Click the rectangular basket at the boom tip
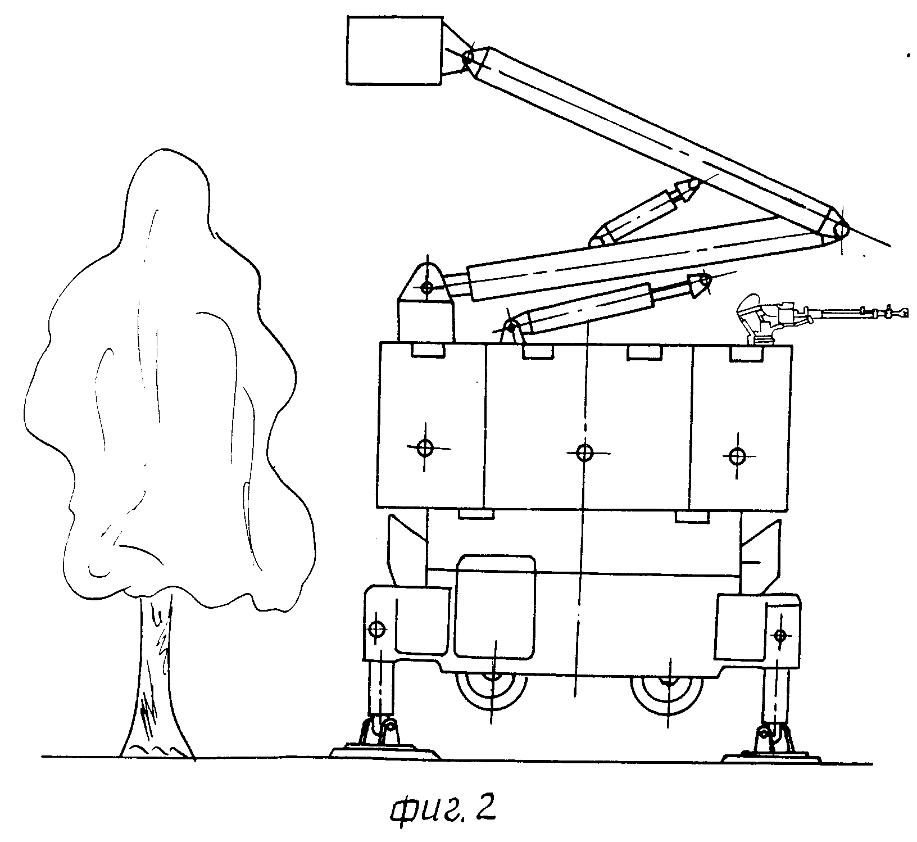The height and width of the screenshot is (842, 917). pyautogui.click(x=393, y=51)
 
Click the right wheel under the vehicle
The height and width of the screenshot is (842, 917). pyautogui.click(x=668, y=696)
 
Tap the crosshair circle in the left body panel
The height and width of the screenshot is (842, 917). pyautogui.click(x=425, y=448)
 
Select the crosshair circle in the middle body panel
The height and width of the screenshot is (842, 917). pyautogui.click(x=584, y=451)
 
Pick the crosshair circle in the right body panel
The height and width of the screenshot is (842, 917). pyautogui.click(x=736, y=455)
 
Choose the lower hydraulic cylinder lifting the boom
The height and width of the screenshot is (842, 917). pyautogui.click(x=607, y=304)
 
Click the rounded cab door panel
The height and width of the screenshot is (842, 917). pyautogui.click(x=494, y=606)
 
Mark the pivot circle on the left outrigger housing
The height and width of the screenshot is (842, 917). pyautogui.click(x=376, y=628)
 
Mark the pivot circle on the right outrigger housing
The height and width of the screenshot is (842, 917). pyautogui.click(x=779, y=635)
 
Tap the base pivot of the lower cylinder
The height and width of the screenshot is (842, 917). pyautogui.click(x=510, y=326)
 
